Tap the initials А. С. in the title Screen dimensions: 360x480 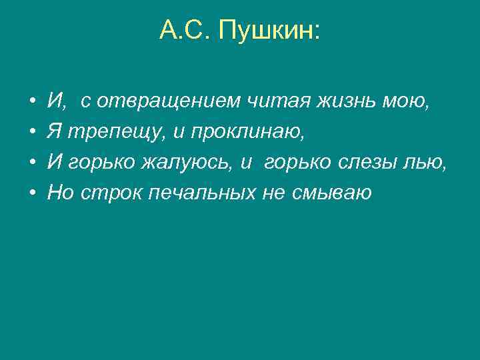tap(187, 31)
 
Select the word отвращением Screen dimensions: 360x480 tap(162, 102)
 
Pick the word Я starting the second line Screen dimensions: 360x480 tap(53, 132)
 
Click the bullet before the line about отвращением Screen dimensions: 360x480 tap(33, 103)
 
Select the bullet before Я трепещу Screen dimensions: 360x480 tap(33, 133)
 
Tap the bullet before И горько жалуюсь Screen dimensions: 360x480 tap(33, 163)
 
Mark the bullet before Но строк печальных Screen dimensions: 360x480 tap(33, 193)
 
